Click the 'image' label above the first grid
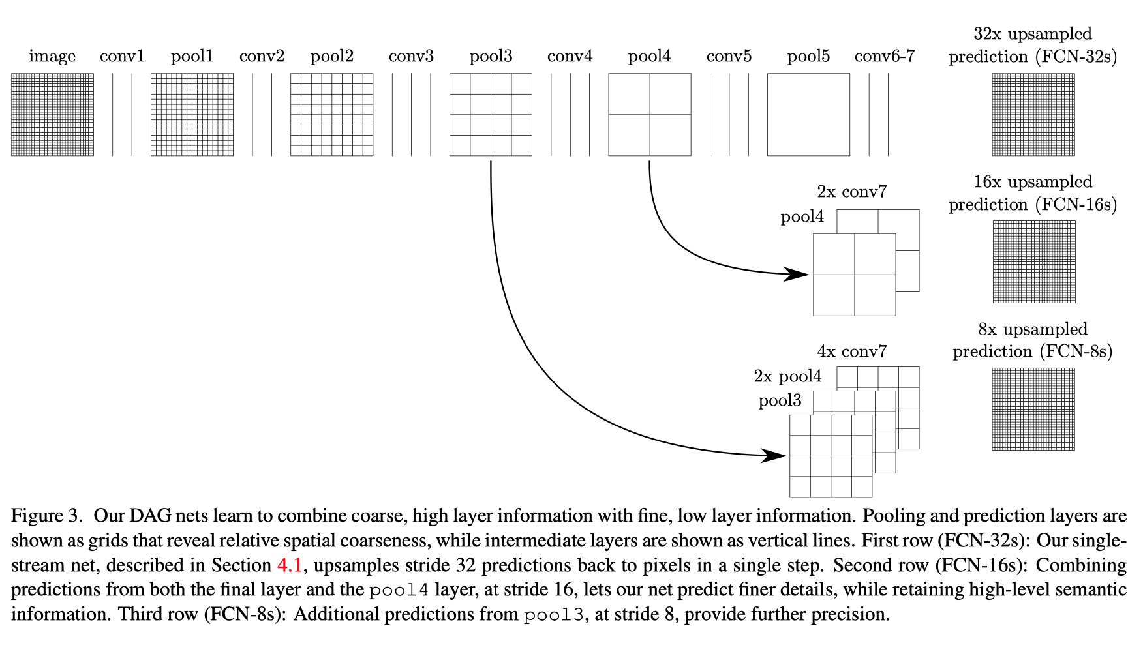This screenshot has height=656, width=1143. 52,57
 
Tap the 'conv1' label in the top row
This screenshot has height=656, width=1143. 122,57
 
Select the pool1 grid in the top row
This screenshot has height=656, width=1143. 192,114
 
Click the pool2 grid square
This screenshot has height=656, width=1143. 331,114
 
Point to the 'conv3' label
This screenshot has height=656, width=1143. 411,57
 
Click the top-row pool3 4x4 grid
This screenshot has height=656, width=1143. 491,114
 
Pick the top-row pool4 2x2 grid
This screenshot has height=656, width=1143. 649,114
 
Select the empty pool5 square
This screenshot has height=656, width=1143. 808,114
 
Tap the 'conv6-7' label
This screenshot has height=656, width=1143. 885,57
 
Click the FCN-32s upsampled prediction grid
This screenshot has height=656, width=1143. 1033,114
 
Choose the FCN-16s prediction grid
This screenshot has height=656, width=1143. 1034,261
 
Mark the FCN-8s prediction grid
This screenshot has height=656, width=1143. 1033,409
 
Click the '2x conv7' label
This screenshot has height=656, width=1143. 852,192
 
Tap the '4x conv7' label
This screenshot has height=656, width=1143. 852,351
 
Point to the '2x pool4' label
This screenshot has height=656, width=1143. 787,376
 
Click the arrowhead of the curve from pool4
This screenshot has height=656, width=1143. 797,274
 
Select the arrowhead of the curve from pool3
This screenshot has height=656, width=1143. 774,455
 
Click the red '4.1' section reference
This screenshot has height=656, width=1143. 290,565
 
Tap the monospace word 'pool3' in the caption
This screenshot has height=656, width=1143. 553,614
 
